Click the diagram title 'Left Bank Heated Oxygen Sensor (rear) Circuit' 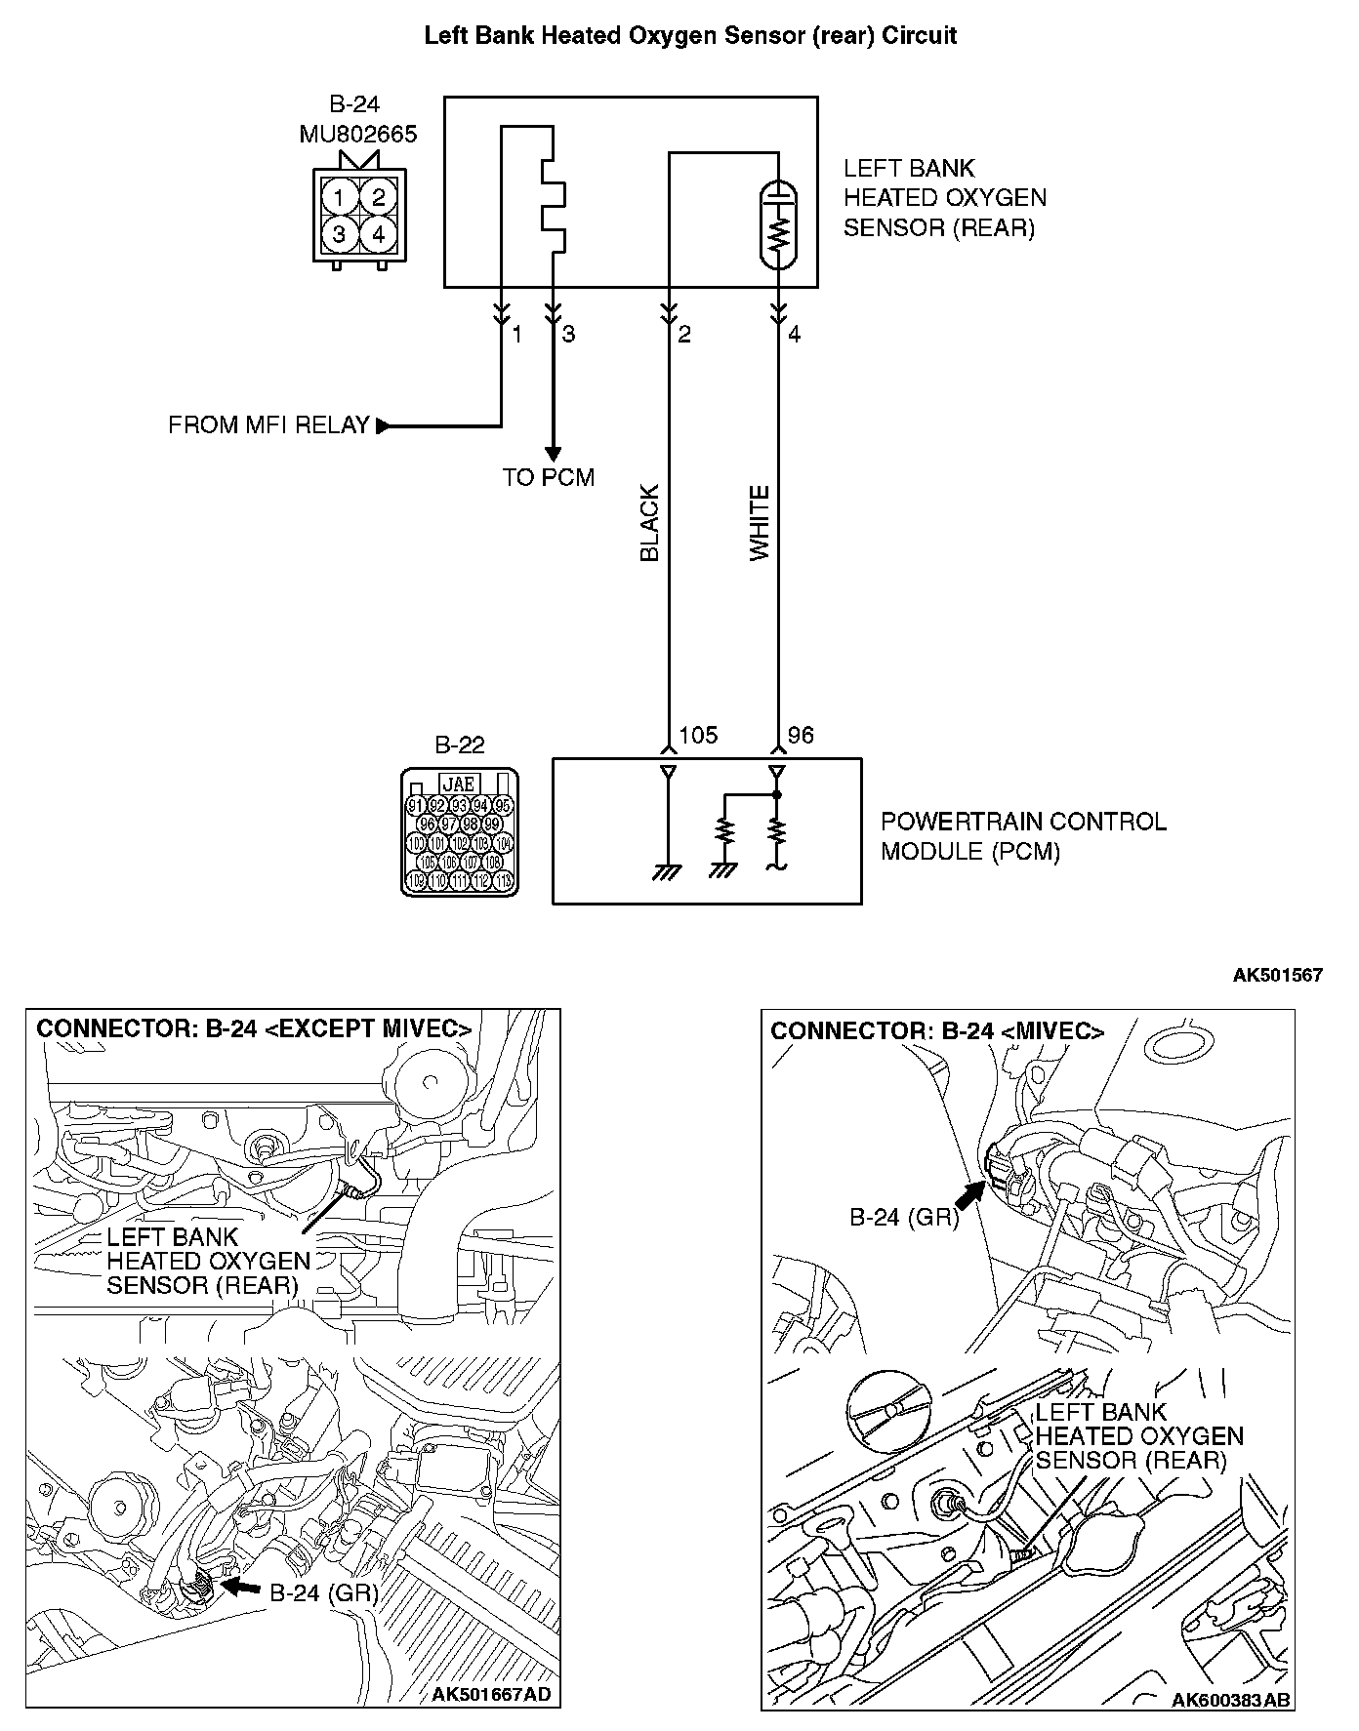[690, 36]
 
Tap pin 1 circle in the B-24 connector [339, 198]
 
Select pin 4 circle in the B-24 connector [379, 234]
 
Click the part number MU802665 [357, 134]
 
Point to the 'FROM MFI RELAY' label [268, 425]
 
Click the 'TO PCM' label [548, 477]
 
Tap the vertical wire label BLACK [649, 523]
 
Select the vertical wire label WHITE [760, 523]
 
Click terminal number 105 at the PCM [698, 735]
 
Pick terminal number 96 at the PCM [801, 735]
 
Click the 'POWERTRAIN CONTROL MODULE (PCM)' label [1023, 836]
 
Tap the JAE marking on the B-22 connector [459, 785]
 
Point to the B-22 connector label [459, 745]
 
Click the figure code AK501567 [1277, 975]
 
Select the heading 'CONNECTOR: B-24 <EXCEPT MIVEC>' [254, 1028]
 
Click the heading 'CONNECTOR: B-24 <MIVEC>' [937, 1031]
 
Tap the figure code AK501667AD [491, 1695]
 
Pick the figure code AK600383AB [1231, 1701]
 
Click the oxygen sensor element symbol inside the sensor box [778, 224]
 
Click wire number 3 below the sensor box [568, 335]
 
